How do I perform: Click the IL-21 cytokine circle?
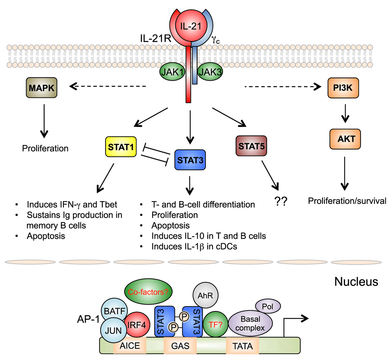click(191, 26)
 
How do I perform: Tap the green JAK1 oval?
click(172, 72)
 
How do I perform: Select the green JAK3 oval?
click(210, 72)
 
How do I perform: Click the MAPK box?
click(42, 87)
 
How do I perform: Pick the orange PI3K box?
click(343, 88)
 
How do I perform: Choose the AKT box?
click(345, 139)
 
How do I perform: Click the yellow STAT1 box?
click(121, 147)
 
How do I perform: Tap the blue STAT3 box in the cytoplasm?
click(190, 160)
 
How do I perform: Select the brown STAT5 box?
click(251, 146)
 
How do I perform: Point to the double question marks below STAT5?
click(281, 201)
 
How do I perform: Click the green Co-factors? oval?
click(148, 291)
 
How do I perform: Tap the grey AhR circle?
click(205, 295)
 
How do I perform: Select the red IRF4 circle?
click(137, 325)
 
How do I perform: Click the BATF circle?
click(114, 311)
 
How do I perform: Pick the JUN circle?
click(114, 330)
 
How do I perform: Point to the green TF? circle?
click(215, 324)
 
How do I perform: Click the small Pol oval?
click(268, 306)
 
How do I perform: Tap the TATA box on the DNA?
click(242, 346)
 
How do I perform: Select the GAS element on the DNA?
click(180, 346)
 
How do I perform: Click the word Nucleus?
click(356, 282)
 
